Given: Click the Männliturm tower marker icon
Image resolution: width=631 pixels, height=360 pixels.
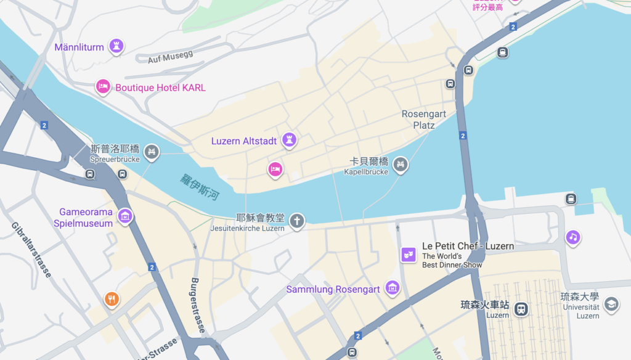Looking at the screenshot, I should pyautogui.click(x=115, y=46).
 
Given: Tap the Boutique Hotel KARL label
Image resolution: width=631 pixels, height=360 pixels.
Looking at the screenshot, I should pyautogui.click(x=160, y=88).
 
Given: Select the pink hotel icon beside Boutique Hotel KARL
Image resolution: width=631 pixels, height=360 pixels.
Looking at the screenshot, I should pyautogui.click(x=103, y=86).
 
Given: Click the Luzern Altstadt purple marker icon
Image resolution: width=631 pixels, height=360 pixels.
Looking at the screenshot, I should pyautogui.click(x=288, y=139).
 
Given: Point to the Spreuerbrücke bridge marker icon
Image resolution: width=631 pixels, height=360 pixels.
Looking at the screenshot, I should pyautogui.click(x=151, y=151).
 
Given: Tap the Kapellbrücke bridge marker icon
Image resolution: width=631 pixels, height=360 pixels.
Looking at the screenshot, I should pyautogui.click(x=401, y=164).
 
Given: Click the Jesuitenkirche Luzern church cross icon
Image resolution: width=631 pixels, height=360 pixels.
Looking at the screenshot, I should pyautogui.click(x=297, y=220).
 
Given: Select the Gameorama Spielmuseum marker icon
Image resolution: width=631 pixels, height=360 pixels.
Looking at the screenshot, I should pyautogui.click(x=125, y=216).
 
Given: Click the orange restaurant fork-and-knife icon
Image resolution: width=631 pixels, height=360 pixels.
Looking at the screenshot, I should pyautogui.click(x=112, y=299).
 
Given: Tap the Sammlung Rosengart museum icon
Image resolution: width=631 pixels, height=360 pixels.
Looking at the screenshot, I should pyautogui.click(x=392, y=287).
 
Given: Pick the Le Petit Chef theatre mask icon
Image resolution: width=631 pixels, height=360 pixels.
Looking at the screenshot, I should pyautogui.click(x=408, y=253).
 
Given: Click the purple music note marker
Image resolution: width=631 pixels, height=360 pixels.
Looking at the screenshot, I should pyautogui.click(x=573, y=237).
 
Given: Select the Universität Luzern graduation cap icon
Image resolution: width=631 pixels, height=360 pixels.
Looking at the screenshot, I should pyautogui.click(x=611, y=305).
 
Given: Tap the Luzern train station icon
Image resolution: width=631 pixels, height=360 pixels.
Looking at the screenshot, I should pyautogui.click(x=521, y=308).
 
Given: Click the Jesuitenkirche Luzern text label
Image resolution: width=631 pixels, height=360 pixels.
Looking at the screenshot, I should pyautogui.click(x=254, y=228).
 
